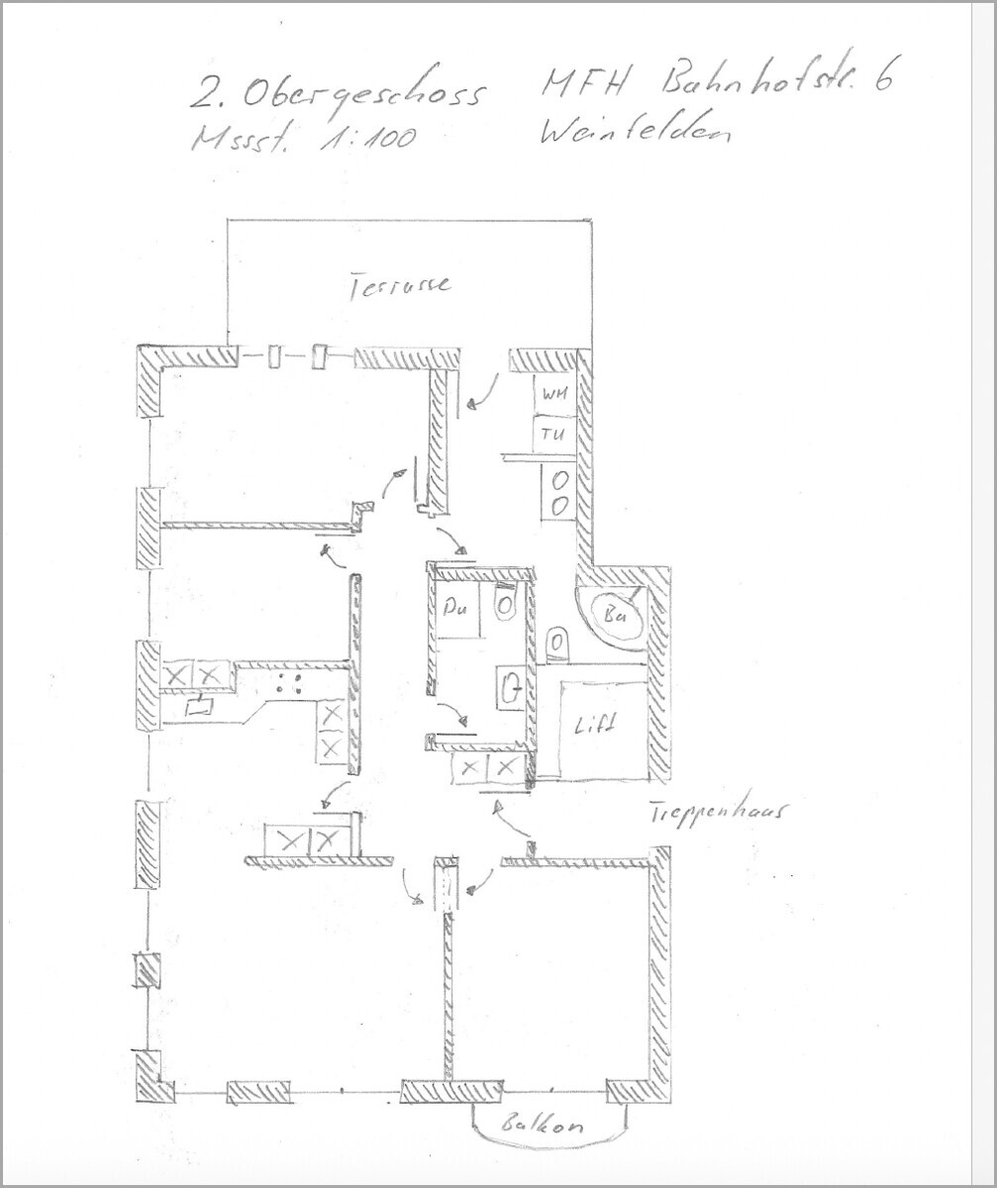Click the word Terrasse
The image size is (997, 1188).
[x=400, y=286]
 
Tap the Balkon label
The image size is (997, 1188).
[x=542, y=1126]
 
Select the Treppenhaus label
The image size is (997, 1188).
[x=717, y=812]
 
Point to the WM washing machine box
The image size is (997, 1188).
[x=552, y=395]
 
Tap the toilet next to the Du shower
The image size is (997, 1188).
[x=505, y=603]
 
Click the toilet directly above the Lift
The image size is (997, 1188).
[x=557, y=644]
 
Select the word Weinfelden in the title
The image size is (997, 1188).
[x=634, y=131]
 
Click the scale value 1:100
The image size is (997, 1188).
[x=366, y=139]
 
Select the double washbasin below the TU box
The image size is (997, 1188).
[x=558, y=492]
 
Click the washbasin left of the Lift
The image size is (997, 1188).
[x=511, y=686]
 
